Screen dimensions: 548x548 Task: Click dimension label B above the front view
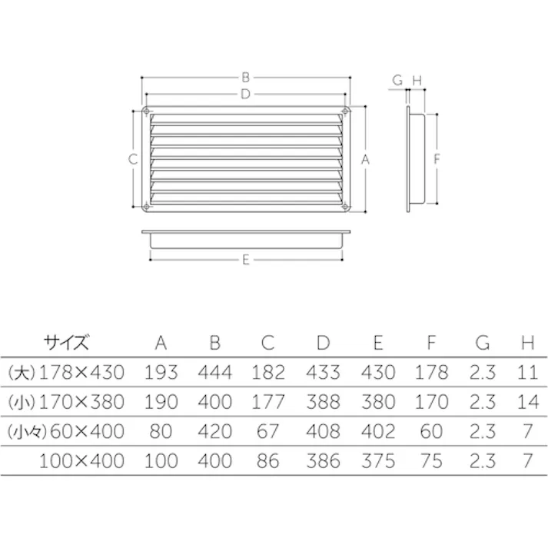(x=245, y=77)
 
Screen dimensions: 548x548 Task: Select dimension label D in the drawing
(x=245, y=94)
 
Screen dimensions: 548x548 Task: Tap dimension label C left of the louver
(x=133, y=160)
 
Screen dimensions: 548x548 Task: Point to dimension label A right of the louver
(x=366, y=160)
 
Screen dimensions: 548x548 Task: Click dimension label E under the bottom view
(x=245, y=260)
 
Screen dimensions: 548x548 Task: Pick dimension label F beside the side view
(x=437, y=160)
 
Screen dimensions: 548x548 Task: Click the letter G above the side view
(x=397, y=80)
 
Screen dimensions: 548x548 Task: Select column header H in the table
(x=526, y=342)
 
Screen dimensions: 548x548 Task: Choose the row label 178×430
(x=81, y=373)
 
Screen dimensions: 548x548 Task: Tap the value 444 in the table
(x=214, y=373)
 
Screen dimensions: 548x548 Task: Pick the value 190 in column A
(x=161, y=402)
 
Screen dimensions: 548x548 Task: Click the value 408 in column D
(x=322, y=431)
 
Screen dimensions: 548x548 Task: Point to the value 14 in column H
(x=526, y=402)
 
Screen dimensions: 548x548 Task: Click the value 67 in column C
(x=267, y=431)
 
